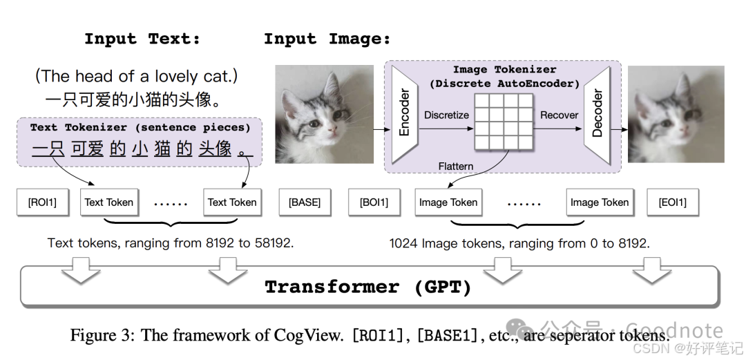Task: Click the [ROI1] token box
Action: [x=42, y=202]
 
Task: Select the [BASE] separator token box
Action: [x=305, y=202]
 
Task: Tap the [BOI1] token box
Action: [x=374, y=202]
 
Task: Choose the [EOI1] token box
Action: [x=672, y=202]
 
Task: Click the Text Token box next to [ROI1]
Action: [x=108, y=202]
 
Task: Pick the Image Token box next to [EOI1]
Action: [x=599, y=202]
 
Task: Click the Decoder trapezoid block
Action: [x=596, y=115]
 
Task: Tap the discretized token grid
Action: [x=504, y=122]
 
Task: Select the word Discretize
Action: [x=446, y=115]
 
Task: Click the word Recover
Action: [x=559, y=115]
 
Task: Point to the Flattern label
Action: [x=455, y=166]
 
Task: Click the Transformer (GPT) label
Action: [x=368, y=287]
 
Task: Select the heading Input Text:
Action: [x=142, y=39]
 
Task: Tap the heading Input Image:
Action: [x=327, y=39]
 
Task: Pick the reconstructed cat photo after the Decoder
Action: [x=676, y=115]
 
